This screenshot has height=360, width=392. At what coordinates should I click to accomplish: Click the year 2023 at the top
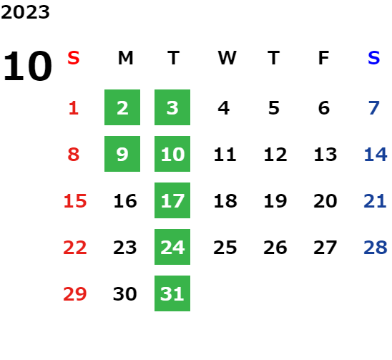25,12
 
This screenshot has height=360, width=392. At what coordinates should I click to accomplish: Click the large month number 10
28,66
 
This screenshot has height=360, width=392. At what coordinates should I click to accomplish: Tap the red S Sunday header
74,58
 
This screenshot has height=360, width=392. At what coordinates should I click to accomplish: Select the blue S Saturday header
373,58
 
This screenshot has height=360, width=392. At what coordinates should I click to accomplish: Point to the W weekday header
227,58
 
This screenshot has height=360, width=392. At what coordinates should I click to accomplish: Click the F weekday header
324,58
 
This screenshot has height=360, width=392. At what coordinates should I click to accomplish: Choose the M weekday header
125,58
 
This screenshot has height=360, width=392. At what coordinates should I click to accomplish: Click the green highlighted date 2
122,107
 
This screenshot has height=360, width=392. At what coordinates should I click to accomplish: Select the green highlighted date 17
172,200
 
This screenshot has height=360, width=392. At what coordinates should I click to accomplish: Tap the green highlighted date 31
172,293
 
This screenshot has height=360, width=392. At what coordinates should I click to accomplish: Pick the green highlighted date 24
172,247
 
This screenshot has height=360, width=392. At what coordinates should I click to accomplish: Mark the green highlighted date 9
122,154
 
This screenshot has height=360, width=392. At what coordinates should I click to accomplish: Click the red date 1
74,108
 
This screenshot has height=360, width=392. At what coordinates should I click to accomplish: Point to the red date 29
75,293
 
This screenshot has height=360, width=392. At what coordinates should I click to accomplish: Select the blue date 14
376,155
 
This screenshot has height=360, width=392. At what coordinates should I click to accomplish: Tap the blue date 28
376,248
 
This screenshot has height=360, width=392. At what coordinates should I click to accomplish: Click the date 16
125,201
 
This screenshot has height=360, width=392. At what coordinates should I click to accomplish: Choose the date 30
125,293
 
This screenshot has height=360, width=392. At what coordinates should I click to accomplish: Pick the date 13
325,155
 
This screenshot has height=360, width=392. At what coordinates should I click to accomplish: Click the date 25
225,248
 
